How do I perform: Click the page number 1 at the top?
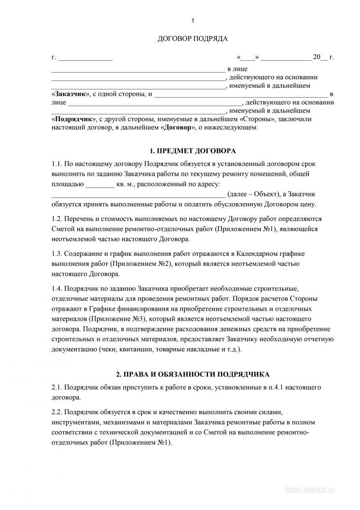point(193,21)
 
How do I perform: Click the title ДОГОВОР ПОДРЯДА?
point(193,39)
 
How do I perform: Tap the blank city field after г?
point(85,58)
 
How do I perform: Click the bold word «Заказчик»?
point(71,94)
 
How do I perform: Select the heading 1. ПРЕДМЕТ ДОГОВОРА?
point(193,151)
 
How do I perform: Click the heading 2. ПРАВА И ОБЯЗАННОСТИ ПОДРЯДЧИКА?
point(193,374)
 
